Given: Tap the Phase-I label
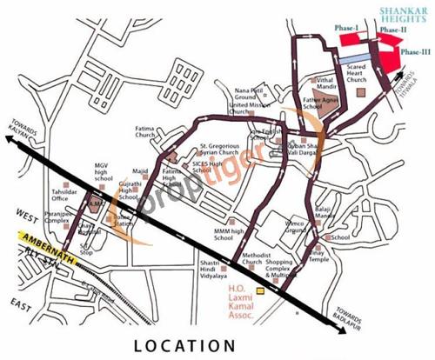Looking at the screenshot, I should [x=347, y=29].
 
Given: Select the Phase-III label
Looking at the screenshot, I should [x=414, y=51].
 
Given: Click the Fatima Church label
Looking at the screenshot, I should [x=146, y=133].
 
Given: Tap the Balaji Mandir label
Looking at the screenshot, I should [x=325, y=211].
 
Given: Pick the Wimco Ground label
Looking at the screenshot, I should [x=294, y=229].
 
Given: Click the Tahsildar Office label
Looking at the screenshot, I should [x=68, y=197].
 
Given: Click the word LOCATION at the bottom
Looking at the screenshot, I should [x=184, y=345].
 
